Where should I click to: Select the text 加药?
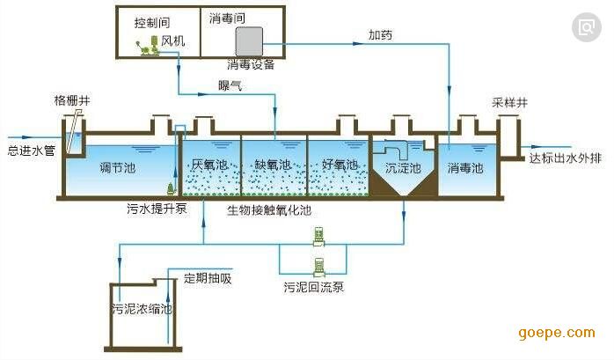click(x=380, y=36)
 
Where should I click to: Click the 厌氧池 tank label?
click(x=209, y=165)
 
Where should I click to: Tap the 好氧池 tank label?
click(x=340, y=165)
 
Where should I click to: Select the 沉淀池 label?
click(x=403, y=166)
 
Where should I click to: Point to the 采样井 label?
click(x=509, y=102)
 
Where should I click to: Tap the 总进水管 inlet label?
click(x=31, y=150)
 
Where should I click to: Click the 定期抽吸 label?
click(x=208, y=279)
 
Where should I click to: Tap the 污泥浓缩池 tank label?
click(x=142, y=310)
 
